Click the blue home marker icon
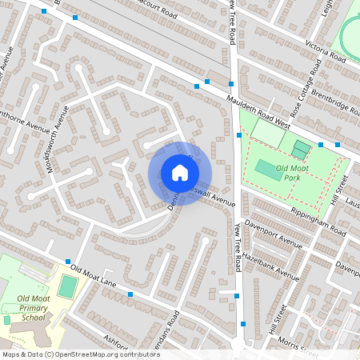click(180, 173)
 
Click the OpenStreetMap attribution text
click(80, 354)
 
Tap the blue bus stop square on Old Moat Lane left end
click(68, 262)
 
